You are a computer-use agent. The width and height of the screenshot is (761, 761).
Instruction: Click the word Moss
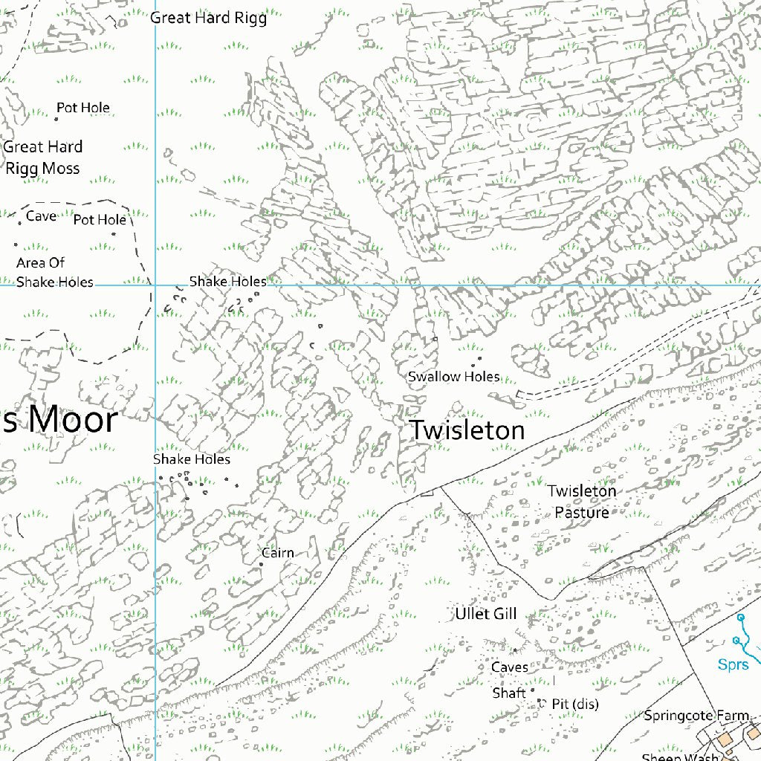coord(61,169)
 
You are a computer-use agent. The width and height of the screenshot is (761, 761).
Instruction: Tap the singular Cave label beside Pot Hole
coord(41,216)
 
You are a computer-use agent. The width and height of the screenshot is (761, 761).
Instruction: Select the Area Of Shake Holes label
coord(54,272)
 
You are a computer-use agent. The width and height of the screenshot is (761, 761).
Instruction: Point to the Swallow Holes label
coord(453,377)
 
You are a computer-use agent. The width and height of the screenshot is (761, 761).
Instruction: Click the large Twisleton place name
coord(467,430)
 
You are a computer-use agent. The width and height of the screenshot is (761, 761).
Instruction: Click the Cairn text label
coord(278,553)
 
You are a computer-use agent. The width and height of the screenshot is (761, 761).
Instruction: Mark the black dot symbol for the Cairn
coord(261,565)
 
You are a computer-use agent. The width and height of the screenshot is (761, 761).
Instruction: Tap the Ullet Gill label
coord(485,614)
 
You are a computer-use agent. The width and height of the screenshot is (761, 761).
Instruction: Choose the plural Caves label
coord(510,667)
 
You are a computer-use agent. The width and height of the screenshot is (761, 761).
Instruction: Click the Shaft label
coord(509,693)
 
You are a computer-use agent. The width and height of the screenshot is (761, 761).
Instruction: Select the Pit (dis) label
coord(574,704)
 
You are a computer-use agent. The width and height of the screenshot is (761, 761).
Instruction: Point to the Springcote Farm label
coord(696,716)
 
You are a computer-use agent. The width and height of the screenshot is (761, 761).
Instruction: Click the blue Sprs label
coord(734,664)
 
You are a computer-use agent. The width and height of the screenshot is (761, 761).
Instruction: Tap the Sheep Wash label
coord(680,756)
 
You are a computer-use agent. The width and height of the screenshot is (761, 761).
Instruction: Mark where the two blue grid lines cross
coord(155,285)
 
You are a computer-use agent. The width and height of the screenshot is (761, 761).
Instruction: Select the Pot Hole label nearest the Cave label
coord(100,220)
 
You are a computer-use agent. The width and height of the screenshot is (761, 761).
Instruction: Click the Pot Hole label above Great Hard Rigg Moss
coord(83,108)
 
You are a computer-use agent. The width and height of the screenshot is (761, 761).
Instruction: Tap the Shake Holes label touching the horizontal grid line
coord(227,282)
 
